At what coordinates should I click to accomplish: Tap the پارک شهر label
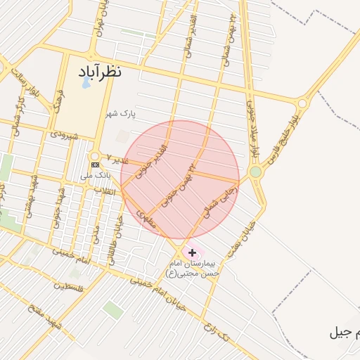(120, 112)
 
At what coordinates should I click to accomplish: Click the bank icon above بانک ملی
(95, 165)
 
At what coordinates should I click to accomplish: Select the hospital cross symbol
(192, 252)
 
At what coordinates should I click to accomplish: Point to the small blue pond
(86, 82)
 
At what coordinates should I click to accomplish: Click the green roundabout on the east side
(255, 172)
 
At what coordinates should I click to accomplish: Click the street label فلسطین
(70, 286)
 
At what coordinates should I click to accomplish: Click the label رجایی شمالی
(220, 202)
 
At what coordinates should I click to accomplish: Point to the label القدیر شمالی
(191, 28)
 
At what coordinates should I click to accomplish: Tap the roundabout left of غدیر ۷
(94, 156)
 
